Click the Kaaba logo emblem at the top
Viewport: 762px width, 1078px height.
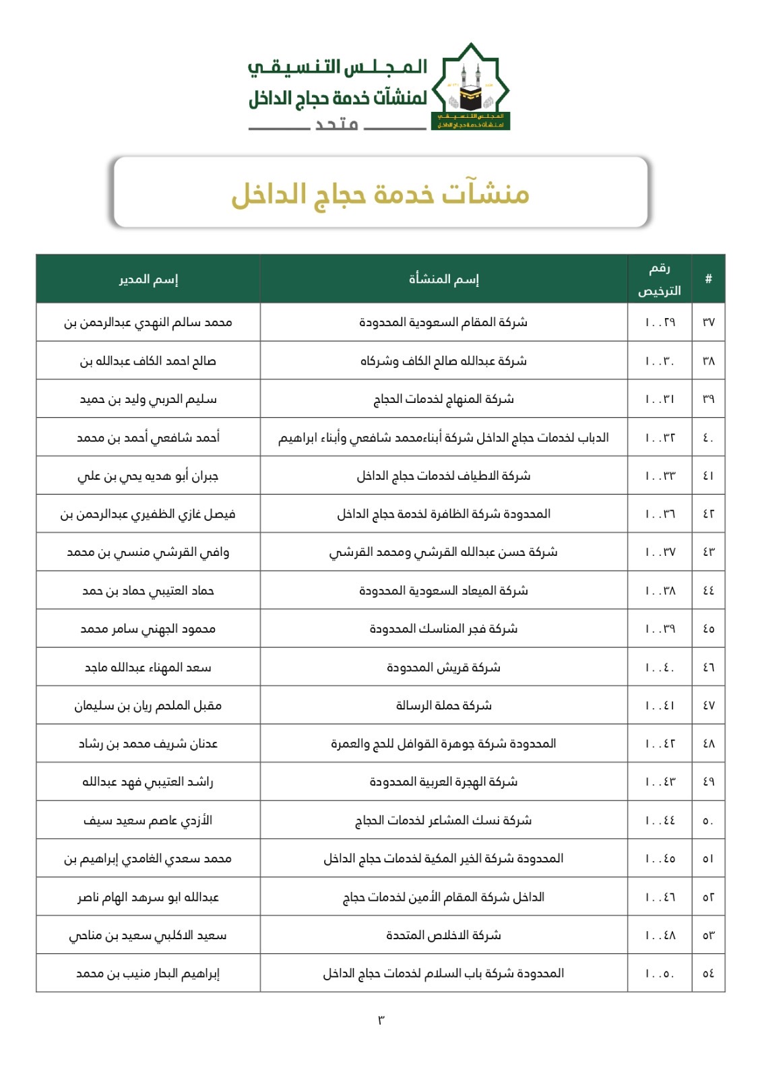pos(470,88)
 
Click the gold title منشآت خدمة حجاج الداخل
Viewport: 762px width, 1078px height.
pos(381,194)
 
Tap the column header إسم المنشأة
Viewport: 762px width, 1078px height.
pos(443,279)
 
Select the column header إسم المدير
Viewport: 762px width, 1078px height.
pos(148,279)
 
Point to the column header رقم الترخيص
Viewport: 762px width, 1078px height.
pos(660,279)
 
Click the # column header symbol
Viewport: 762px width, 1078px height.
pos(708,279)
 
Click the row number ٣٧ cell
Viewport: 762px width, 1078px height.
pos(708,322)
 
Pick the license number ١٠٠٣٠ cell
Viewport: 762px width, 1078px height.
pos(660,361)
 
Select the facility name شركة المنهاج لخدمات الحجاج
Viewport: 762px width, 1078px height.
pos(443,399)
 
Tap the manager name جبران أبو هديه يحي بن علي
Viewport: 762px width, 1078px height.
pos(148,476)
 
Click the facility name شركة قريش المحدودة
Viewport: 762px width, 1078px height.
pos(443,667)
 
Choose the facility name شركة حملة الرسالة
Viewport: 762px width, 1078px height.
pos(443,705)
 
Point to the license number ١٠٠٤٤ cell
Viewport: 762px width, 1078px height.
pos(660,821)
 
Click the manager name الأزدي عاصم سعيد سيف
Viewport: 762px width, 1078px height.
pos(148,821)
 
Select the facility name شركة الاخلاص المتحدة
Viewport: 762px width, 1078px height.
pos(443,935)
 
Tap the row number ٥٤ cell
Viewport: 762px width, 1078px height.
pos(708,974)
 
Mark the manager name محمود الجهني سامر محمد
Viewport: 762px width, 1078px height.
pos(148,629)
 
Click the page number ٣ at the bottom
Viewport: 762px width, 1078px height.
pos(381,1020)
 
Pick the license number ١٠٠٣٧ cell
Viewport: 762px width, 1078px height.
pos(660,552)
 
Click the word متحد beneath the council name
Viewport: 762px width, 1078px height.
pos(337,125)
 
